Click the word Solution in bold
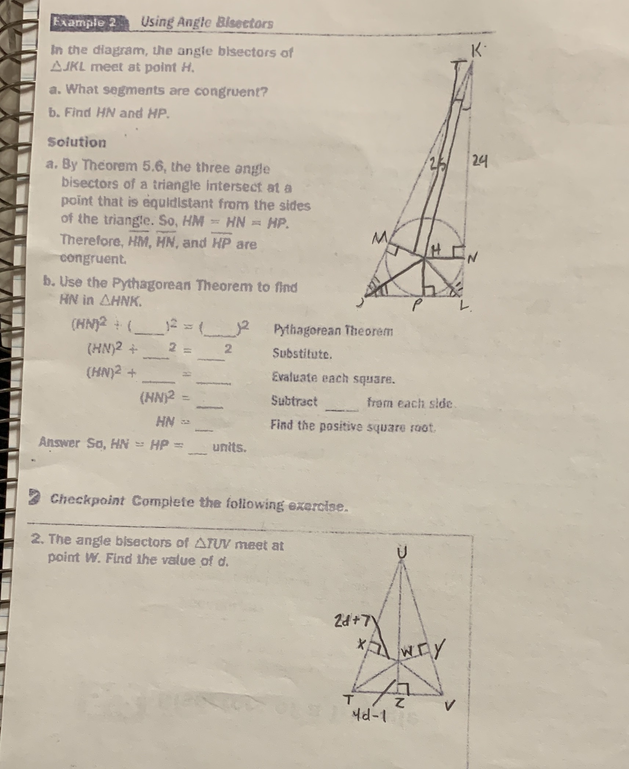pos(77,142)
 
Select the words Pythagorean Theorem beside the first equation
pos(333,332)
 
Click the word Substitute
pos(302,354)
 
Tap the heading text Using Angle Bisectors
pos(207,23)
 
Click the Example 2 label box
pos(85,23)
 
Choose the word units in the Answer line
pos(229,447)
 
